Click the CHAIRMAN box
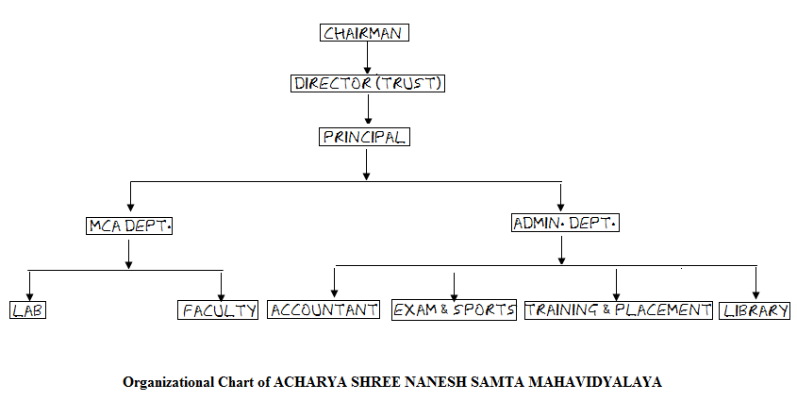(x=365, y=34)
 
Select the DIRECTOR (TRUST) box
(x=367, y=83)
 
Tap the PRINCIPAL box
(x=364, y=137)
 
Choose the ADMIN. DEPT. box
(x=564, y=224)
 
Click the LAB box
(x=30, y=309)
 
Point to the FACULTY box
(x=218, y=309)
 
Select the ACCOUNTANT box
(x=324, y=309)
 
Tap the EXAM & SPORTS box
(x=455, y=309)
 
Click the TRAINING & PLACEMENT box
(x=618, y=309)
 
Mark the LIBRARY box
(x=755, y=309)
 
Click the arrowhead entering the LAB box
(x=30, y=295)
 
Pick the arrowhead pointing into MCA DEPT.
(x=129, y=209)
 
